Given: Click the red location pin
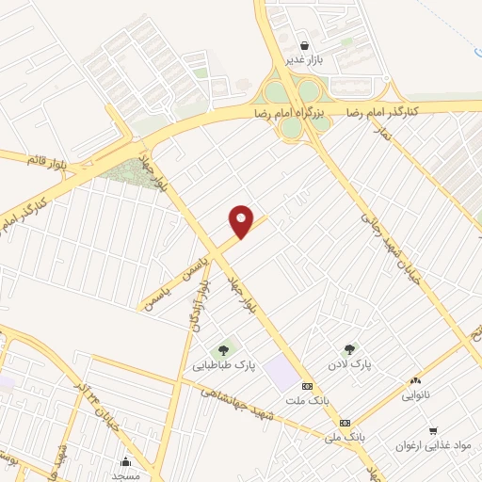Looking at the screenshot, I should click(x=242, y=220).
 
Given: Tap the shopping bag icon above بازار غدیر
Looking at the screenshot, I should click(x=304, y=45).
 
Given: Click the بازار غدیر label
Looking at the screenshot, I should click(x=304, y=59).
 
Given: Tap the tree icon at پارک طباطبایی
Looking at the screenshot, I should click(x=223, y=350).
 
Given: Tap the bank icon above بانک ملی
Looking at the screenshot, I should click(x=345, y=423).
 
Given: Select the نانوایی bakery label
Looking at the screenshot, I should click(x=414, y=395).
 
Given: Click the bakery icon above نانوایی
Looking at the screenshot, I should click(x=415, y=381).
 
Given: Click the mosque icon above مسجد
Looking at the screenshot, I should click(x=125, y=461).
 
